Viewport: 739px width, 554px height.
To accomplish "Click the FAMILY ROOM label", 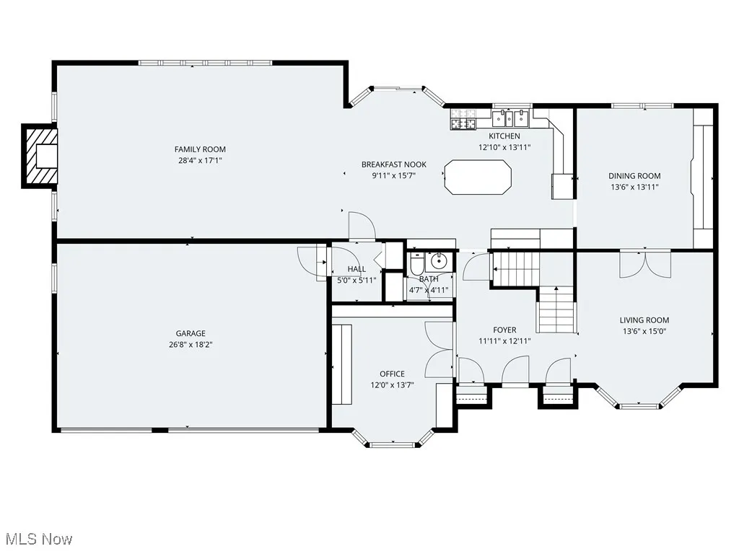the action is point(200,149).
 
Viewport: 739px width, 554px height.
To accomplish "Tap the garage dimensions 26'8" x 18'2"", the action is point(191,344).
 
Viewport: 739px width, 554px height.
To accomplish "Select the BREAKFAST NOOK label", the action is point(394,164).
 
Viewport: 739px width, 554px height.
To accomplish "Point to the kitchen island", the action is point(478,177).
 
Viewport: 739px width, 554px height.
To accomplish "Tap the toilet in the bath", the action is point(416,264).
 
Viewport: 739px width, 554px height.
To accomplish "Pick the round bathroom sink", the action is point(439,260).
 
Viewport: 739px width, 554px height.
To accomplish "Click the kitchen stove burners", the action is point(463,119).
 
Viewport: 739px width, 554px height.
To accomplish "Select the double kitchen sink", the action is point(510,118).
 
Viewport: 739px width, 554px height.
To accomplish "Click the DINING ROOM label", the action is point(634,176).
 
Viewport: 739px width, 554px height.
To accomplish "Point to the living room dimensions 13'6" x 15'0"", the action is point(644,331).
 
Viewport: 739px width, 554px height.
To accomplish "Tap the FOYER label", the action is point(504,330).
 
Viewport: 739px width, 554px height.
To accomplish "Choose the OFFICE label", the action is point(392,374).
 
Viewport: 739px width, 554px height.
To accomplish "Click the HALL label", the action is point(357,269).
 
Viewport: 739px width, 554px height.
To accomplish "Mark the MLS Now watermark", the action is point(39,539).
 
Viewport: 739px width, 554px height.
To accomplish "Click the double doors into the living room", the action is point(644,264).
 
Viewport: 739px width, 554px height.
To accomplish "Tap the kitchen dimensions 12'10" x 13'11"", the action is point(504,147).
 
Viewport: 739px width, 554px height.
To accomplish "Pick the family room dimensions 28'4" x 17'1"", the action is point(200,161).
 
